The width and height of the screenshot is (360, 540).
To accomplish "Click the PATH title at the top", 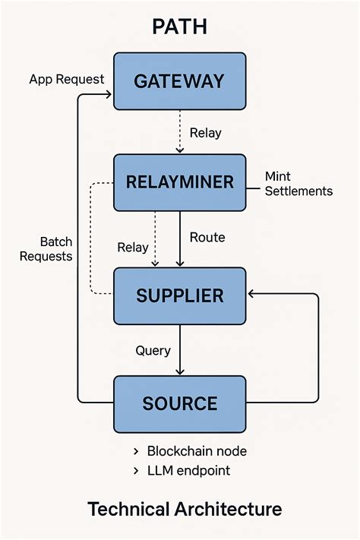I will point(180,27).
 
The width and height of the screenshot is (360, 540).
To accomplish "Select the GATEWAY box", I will point(180,81).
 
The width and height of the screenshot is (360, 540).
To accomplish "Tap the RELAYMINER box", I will point(180,182).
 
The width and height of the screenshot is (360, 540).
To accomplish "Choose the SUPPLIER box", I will point(180,295).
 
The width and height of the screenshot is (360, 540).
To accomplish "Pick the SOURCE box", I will point(180,403).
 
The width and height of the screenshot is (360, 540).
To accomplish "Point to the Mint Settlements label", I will point(298,184).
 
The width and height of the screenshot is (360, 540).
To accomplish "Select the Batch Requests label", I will point(46,248).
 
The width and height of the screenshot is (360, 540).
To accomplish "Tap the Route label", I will point(207,237).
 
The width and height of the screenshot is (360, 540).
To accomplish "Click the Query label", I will point(153,350).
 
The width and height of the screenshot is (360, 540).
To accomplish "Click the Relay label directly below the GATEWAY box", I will point(205,133).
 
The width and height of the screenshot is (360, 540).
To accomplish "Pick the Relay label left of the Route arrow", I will point(132,247).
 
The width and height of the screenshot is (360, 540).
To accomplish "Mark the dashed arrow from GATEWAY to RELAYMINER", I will point(180,131).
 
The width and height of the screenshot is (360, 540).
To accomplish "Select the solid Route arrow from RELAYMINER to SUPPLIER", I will point(180,238).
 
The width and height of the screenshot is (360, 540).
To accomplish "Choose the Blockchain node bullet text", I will point(197,451).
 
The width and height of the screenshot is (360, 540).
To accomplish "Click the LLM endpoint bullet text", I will point(188,471).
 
